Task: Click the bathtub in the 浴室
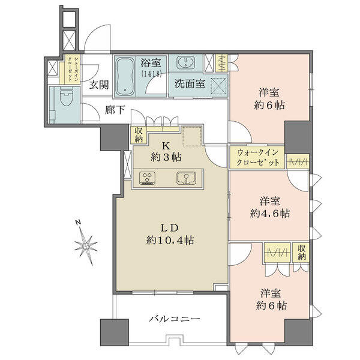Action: (125, 76)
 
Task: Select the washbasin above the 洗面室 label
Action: (186, 62)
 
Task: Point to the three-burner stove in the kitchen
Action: (147, 178)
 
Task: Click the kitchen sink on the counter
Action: (186, 178)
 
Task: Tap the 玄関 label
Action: (99, 85)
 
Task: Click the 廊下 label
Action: (115, 110)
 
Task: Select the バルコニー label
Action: (175, 319)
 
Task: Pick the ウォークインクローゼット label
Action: (258, 158)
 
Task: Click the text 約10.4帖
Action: (170, 241)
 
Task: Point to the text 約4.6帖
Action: (270, 214)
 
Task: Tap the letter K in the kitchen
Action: (166, 146)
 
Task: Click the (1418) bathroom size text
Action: (152, 73)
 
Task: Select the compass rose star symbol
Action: (86, 245)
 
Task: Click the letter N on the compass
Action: (78, 222)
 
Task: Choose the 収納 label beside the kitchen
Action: (139, 135)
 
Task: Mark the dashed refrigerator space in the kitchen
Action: (193, 136)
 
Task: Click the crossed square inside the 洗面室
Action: (219, 86)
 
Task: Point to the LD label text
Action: (169, 228)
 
